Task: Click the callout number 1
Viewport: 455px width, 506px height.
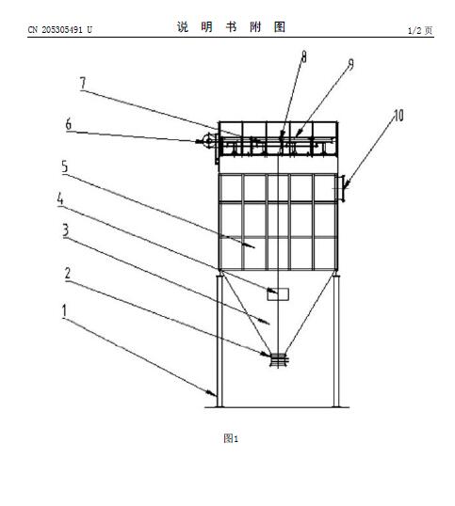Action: pyautogui.click(x=64, y=310)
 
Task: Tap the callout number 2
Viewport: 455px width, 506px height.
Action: pyautogui.click(x=68, y=274)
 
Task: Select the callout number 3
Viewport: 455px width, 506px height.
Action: pyautogui.click(x=66, y=230)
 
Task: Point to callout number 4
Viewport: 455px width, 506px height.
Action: pyautogui.click(x=60, y=198)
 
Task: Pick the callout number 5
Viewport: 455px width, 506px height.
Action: pyautogui.click(x=65, y=166)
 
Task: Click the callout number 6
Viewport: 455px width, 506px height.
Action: pyautogui.click(x=69, y=124)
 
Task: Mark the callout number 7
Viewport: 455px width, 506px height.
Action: pyautogui.click(x=83, y=83)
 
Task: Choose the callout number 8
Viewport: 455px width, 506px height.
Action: pyautogui.click(x=303, y=56)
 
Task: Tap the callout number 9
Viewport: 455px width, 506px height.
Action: pyautogui.click(x=350, y=64)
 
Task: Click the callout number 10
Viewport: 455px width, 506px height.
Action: pyautogui.click(x=398, y=115)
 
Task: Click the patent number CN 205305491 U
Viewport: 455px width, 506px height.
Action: pyautogui.click(x=59, y=30)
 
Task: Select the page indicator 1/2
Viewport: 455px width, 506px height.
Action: pyautogui.click(x=414, y=31)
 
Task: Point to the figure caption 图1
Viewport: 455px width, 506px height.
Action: pyautogui.click(x=231, y=438)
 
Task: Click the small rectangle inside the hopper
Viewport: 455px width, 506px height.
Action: pyautogui.click(x=278, y=294)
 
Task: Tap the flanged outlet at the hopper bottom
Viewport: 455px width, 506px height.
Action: pyautogui.click(x=278, y=360)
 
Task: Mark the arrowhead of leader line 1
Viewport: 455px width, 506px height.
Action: pyautogui.click(x=213, y=393)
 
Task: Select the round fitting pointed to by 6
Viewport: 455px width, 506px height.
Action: pyautogui.click(x=206, y=141)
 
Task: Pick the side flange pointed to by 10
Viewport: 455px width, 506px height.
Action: pyautogui.click(x=341, y=188)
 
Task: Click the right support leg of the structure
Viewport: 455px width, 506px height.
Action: pyautogui.click(x=336, y=340)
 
